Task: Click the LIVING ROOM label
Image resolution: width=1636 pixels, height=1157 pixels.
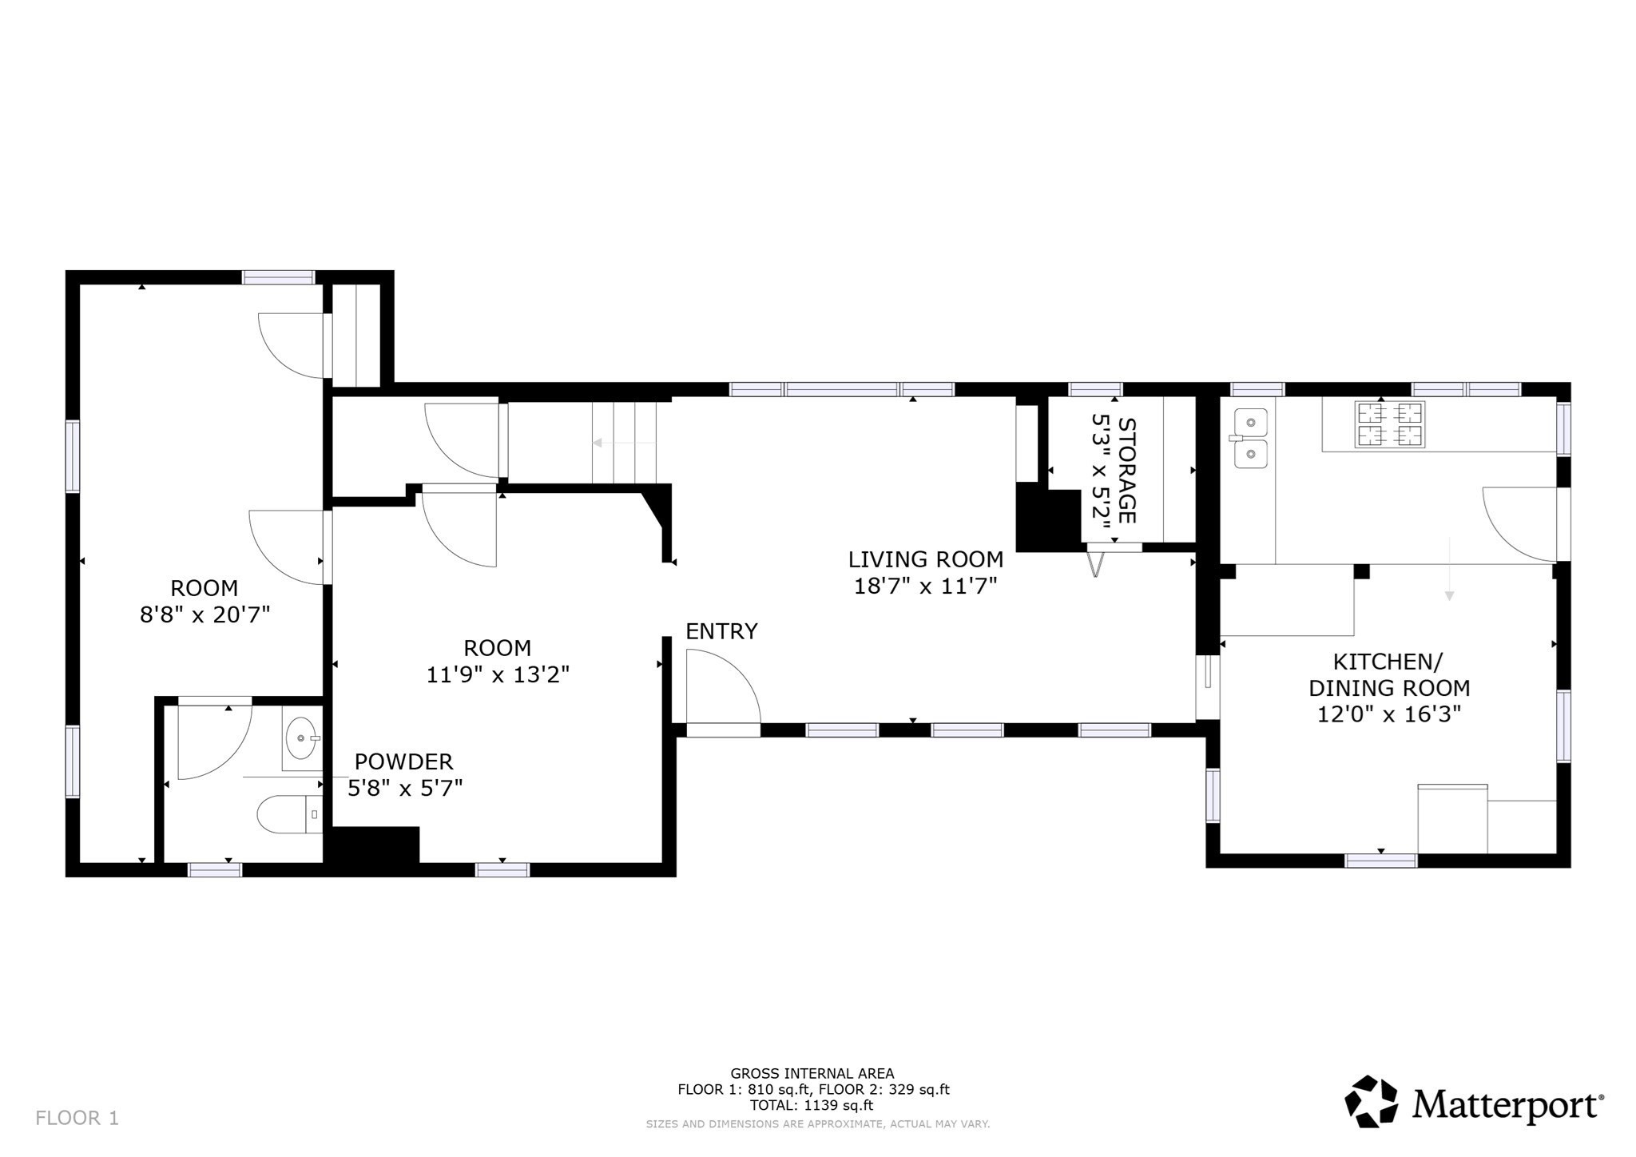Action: click(x=925, y=559)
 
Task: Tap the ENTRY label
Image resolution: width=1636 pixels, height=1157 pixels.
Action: click(x=721, y=631)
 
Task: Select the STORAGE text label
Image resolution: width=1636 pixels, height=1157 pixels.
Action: click(x=1126, y=471)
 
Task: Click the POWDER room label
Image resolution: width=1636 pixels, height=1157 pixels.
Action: click(x=403, y=761)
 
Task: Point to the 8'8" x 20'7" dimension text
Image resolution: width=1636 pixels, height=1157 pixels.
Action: click(x=204, y=614)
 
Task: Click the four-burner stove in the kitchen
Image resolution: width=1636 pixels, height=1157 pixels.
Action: click(x=1389, y=424)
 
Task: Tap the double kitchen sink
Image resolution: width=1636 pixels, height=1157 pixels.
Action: click(x=1250, y=438)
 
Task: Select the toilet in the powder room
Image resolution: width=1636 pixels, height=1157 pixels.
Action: click(x=288, y=814)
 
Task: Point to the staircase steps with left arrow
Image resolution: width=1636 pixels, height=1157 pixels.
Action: click(x=623, y=443)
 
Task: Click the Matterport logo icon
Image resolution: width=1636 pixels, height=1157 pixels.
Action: click(x=1371, y=1102)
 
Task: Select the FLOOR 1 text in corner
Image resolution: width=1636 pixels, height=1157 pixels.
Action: click(x=77, y=1118)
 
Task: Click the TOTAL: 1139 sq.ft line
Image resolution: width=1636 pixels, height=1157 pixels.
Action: click(x=811, y=1106)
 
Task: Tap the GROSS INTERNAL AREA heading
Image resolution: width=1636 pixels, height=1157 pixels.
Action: click(x=812, y=1074)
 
